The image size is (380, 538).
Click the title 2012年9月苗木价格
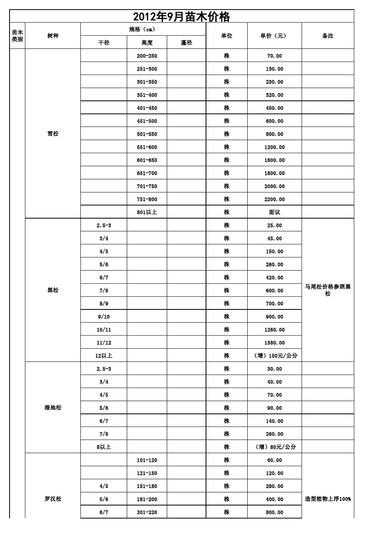click(x=182, y=17)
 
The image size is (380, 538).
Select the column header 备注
click(x=328, y=36)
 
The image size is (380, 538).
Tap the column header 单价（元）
click(x=274, y=36)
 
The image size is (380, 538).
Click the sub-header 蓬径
click(x=186, y=43)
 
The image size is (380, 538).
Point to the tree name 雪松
click(x=53, y=134)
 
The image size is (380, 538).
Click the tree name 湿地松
click(x=53, y=408)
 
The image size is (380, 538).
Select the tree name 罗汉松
click(x=53, y=499)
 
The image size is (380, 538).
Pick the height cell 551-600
click(x=147, y=147)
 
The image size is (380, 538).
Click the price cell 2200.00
click(x=274, y=199)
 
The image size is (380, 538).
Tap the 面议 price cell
click(x=274, y=212)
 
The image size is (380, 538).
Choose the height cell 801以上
click(x=147, y=212)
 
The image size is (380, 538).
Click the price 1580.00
click(x=274, y=343)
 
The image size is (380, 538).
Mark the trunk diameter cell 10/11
click(x=104, y=330)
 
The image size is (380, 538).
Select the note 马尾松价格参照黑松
click(x=328, y=290)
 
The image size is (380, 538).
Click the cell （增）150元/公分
click(x=276, y=355)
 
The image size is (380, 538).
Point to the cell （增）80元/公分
click(x=276, y=447)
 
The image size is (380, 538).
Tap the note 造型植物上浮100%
click(x=328, y=499)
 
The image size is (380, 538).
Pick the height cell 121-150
click(x=147, y=473)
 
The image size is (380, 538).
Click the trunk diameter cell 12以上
click(x=104, y=355)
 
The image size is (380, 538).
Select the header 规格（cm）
click(x=143, y=30)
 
